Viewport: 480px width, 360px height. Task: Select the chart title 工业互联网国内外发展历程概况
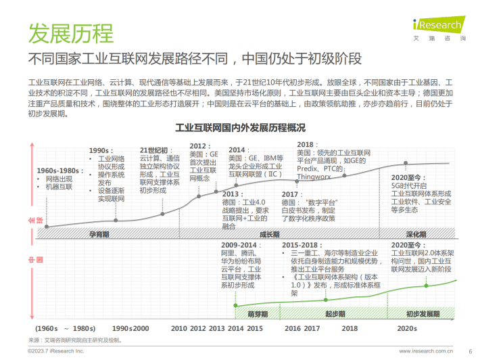click(x=240, y=128)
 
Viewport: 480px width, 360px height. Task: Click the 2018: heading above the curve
click(x=306, y=145)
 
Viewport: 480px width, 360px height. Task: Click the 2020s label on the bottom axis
click(x=406, y=328)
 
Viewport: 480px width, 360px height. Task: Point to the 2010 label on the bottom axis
click(x=178, y=328)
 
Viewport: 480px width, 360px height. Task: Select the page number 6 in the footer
click(x=470, y=351)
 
